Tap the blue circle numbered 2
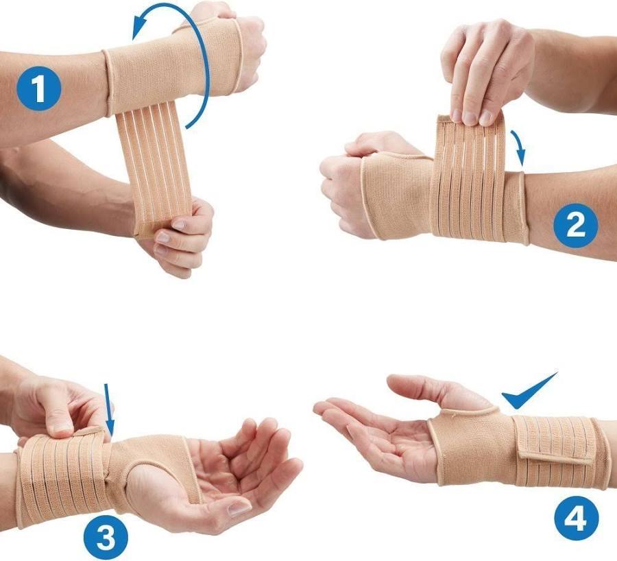tap(576, 226)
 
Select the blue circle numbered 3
tap(106, 537)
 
